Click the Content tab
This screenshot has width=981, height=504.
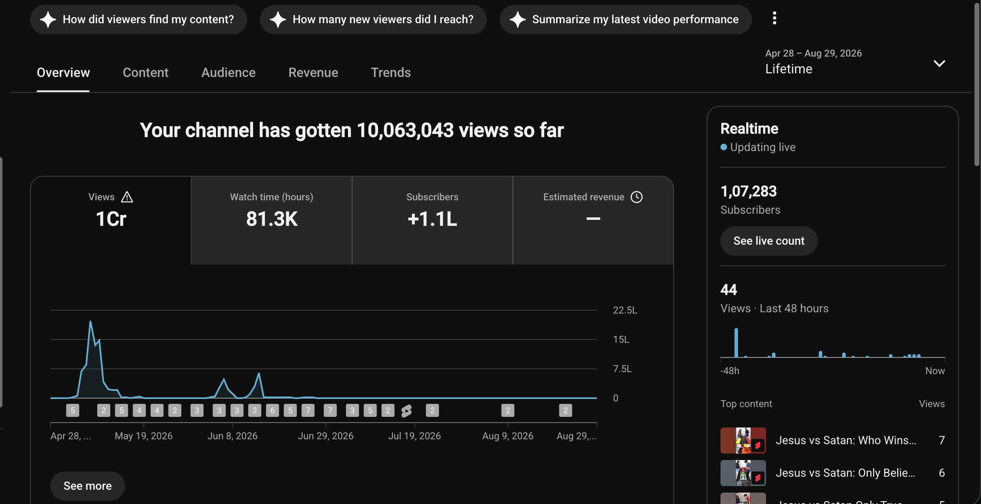click(145, 72)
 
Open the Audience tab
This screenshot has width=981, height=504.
click(228, 72)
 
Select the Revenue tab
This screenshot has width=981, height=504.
click(313, 72)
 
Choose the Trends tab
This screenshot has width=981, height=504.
click(391, 72)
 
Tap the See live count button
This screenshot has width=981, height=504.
click(769, 241)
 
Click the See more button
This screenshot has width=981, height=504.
click(88, 486)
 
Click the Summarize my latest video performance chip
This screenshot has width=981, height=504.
click(626, 20)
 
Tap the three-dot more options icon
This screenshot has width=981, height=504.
click(774, 18)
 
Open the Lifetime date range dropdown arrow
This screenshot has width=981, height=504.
click(939, 64)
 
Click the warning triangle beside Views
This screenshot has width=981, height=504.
click(127, 197)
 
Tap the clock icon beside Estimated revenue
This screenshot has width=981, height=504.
click(637, 197)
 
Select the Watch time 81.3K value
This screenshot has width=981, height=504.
click(272, 219)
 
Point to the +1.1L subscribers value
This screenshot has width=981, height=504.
click(432, 219)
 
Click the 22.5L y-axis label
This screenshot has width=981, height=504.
click(625, 310)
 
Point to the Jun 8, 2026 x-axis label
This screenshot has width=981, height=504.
click(232, 436)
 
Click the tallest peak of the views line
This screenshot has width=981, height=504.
click(90, 322)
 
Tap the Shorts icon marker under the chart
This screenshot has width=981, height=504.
click(406, 411)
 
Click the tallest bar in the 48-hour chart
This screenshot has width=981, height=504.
click(736, 343)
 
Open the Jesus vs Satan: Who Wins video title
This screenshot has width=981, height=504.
click(846, 440)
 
